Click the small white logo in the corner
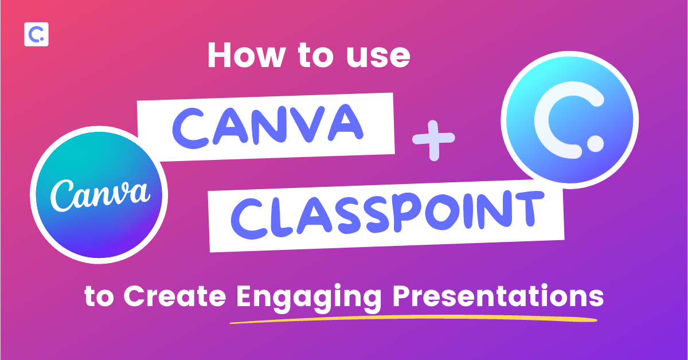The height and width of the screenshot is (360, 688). point(36,34)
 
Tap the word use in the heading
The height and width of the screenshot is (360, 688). point(378,57)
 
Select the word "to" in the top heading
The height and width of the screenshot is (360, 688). point(316,56)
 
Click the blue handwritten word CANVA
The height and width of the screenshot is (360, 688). point(268,126)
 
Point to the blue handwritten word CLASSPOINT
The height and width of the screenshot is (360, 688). point(387,214)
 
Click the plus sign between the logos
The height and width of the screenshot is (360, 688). point(433,140)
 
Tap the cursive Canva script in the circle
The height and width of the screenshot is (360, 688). point(100,195)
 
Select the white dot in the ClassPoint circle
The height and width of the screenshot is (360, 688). point(596,143)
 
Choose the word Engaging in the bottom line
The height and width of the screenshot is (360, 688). point(309,298)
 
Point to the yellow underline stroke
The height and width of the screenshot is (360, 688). point(413,319)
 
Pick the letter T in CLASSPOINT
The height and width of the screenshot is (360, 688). point(526,209)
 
